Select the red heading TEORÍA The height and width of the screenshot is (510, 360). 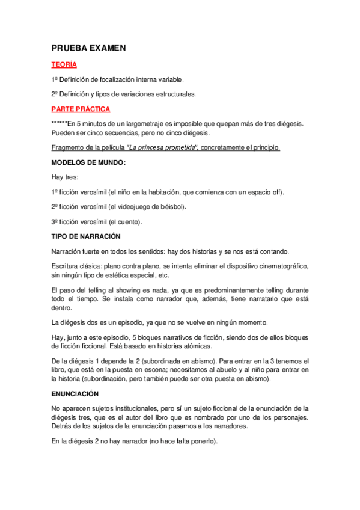click(64, 64)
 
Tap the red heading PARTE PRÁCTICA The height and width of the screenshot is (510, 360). click(80, 109)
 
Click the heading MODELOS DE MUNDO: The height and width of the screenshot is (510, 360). click(88, 162)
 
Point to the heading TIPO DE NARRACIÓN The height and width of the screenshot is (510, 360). click(86, 236)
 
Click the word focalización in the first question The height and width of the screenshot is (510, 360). click(112, 79)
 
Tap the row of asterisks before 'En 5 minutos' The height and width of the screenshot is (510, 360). click(59, 123)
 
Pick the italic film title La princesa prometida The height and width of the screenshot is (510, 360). click(170, 148)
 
